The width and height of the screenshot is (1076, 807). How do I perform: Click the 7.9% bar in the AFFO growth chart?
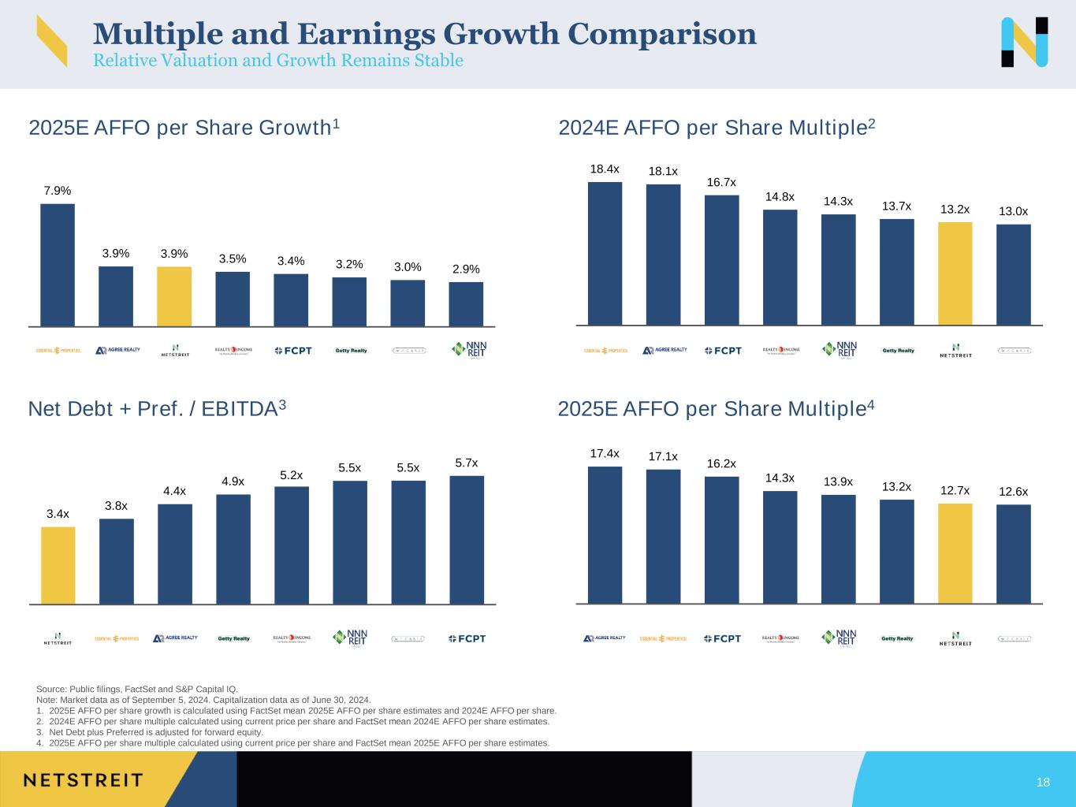[58, 265]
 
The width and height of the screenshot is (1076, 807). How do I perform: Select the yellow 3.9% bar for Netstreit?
[174, 296]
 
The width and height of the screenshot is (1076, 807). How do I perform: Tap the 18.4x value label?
[605, 169]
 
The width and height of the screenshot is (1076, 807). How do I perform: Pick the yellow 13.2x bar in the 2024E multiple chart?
[955, 273]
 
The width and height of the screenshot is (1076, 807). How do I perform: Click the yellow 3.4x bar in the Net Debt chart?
[58, 565]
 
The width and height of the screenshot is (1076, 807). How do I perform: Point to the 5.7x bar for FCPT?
[467, 540]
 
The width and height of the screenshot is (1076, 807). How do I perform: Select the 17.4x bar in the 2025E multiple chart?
[605, 535]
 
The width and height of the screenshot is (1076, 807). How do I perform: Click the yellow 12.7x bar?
[955, 553]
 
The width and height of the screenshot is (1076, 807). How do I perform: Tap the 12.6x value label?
[1013, 492]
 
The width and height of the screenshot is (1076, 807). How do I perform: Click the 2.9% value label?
[466, 270]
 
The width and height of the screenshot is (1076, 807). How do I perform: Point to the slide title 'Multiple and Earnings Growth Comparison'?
[425, 34]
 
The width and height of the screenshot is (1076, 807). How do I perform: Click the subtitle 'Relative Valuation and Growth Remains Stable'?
[278, 61]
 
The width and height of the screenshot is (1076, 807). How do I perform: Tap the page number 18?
[1043, 782]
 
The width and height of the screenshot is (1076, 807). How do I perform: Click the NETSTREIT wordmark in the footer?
[84, 780]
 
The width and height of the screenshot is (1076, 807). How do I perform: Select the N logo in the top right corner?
[1024, 42]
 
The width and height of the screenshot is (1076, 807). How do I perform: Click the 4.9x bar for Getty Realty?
[233, 549]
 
